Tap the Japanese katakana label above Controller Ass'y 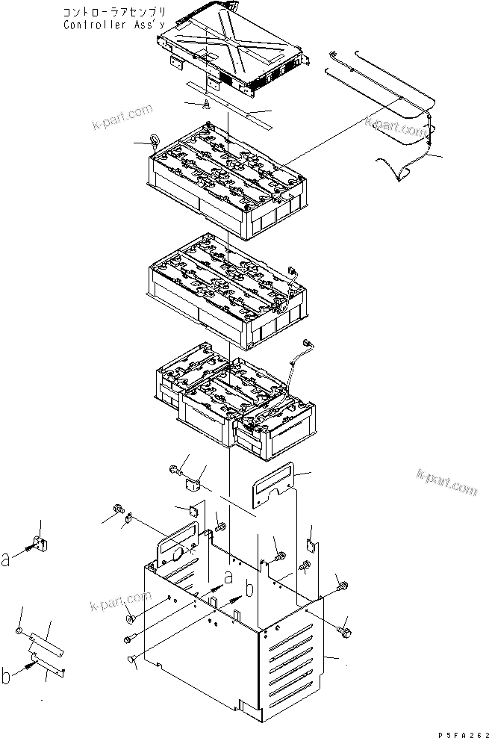click(x=114, y=12)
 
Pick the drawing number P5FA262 click(x=462, y=734)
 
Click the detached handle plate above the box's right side click(x=272, y=485)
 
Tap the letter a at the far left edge click(x=6, y=560)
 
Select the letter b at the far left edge click(x=6, y=676)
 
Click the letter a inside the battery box click(x=228, y=577)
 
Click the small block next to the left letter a click(x=40, y=545)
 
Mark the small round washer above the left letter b click(x=19, y=630)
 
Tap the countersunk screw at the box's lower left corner click(x=131, y=660)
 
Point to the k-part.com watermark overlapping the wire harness click(x=395, y=126)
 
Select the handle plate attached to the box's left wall click(x=177, y=544)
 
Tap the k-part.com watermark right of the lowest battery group click(x=446, y=482)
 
